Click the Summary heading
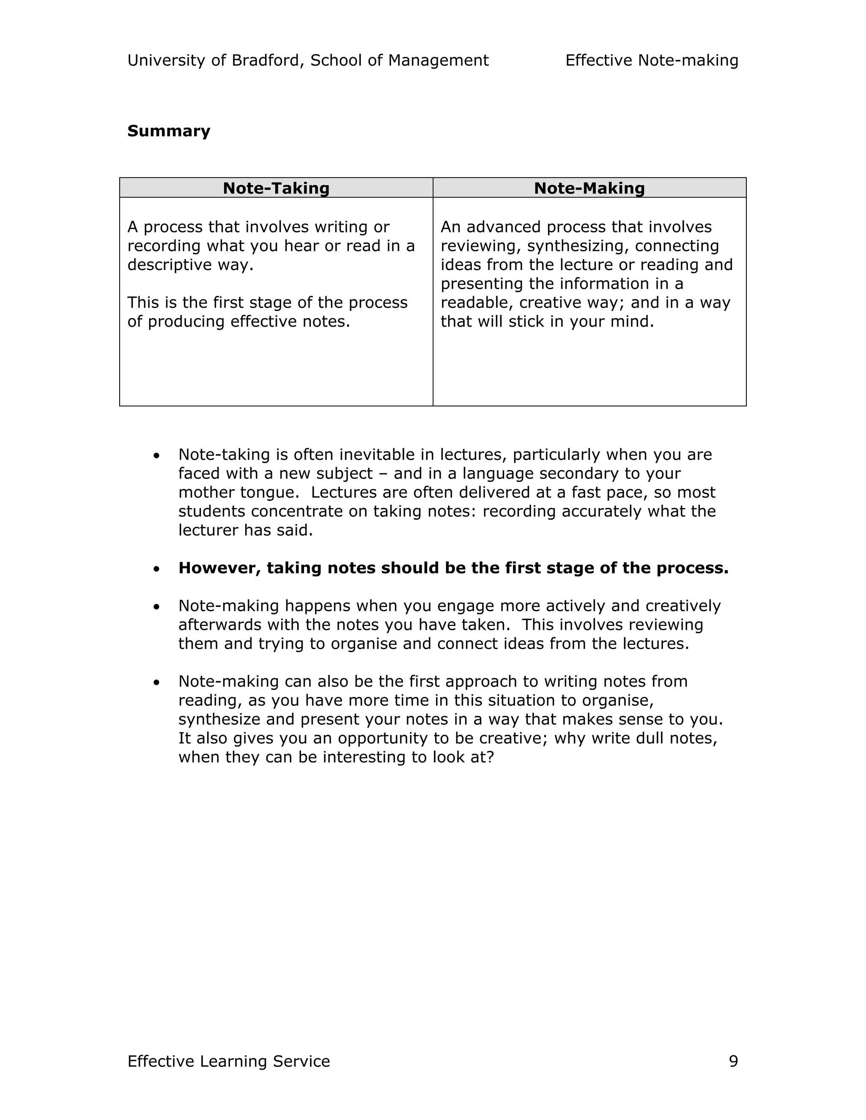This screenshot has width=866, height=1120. tap(169, 131)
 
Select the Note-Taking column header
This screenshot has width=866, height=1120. tap(276, 188)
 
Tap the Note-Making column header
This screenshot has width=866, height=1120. tap(589, 188)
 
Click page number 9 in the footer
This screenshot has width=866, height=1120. tap(733, 1061)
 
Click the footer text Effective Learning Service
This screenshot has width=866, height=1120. tap(228, 1061)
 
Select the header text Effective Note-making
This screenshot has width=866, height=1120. tap(652, 60)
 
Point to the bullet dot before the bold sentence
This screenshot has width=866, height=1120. tap(156, 569)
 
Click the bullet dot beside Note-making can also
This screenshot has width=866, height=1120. tap(156, 683)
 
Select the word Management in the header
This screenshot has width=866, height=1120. tap(438, 60)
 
